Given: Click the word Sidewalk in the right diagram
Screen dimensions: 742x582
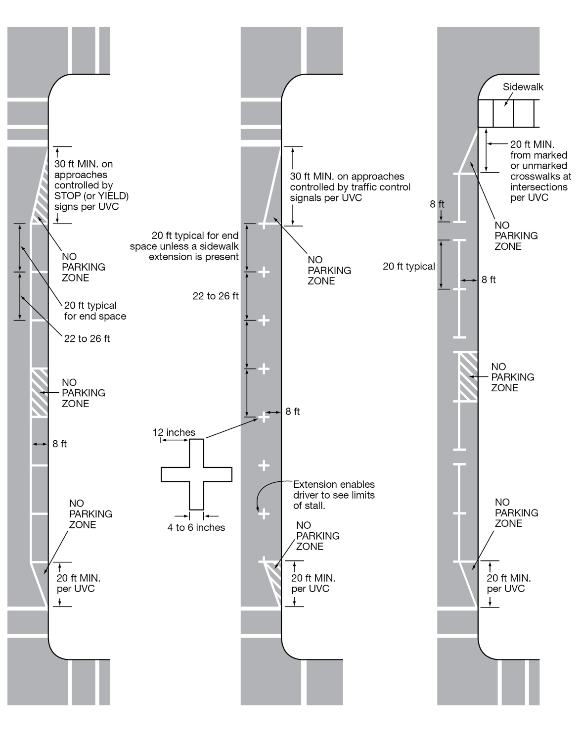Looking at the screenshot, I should tap(523, 87).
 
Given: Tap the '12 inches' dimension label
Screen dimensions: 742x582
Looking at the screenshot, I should tap(174, 432).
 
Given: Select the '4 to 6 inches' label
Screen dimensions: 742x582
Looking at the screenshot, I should tap(196, 528).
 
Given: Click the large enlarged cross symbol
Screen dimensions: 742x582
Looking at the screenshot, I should tap(196, 474).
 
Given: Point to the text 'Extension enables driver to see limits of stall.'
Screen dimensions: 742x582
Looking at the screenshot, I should tap(334, 495).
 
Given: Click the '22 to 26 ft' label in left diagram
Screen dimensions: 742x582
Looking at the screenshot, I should tap(87, 339).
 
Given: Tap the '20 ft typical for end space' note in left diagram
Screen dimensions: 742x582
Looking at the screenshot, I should tap(95, 311).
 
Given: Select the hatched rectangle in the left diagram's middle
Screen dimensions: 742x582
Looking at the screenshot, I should tap(40, 392).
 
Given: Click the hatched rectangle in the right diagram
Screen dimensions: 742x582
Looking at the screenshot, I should tap(468, 376).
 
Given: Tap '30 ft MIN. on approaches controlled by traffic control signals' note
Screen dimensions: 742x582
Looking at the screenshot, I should tap(350, 187).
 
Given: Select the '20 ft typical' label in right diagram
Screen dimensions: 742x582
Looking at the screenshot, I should tap(408, 267).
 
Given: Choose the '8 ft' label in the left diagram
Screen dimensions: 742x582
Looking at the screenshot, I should tap(59, 444).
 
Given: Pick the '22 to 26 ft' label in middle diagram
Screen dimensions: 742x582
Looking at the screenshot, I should tap(216, 296).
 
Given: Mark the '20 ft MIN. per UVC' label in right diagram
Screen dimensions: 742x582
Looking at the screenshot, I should tap(508, 583).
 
